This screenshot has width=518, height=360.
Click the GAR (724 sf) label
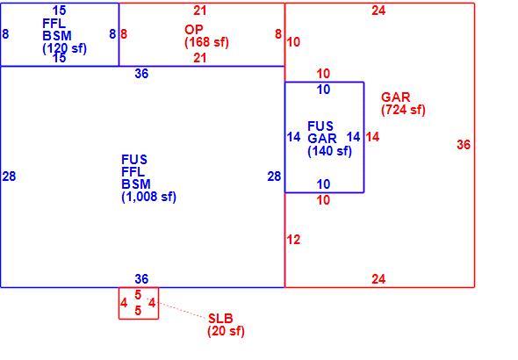click(403, 104)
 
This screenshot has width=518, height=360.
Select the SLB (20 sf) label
click(226, 325)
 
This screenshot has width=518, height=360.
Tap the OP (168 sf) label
click(206, 36)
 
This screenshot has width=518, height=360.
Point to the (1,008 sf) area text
click(148, 197)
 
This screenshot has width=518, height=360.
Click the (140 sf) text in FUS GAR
click(329, 151)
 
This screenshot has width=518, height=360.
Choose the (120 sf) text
click(64, 48)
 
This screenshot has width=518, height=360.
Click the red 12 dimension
click(294, 240)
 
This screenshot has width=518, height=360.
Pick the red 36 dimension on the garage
click(464, 145)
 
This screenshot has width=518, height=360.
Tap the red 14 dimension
click(372, 137)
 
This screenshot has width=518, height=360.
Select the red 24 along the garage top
click(378, 11)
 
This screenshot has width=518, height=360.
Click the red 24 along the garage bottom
click(378, 279)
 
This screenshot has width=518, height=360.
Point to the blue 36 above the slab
click(141, 279)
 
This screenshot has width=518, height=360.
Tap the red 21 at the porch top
click(200, 11)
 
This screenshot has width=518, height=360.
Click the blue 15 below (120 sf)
click(60, 58)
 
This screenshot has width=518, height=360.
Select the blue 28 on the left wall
click(9, 176)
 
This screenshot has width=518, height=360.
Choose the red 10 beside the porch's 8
click(294, 42)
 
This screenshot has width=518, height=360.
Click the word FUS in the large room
click(134, 160)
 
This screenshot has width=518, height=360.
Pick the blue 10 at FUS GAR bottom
click(323, 184)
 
